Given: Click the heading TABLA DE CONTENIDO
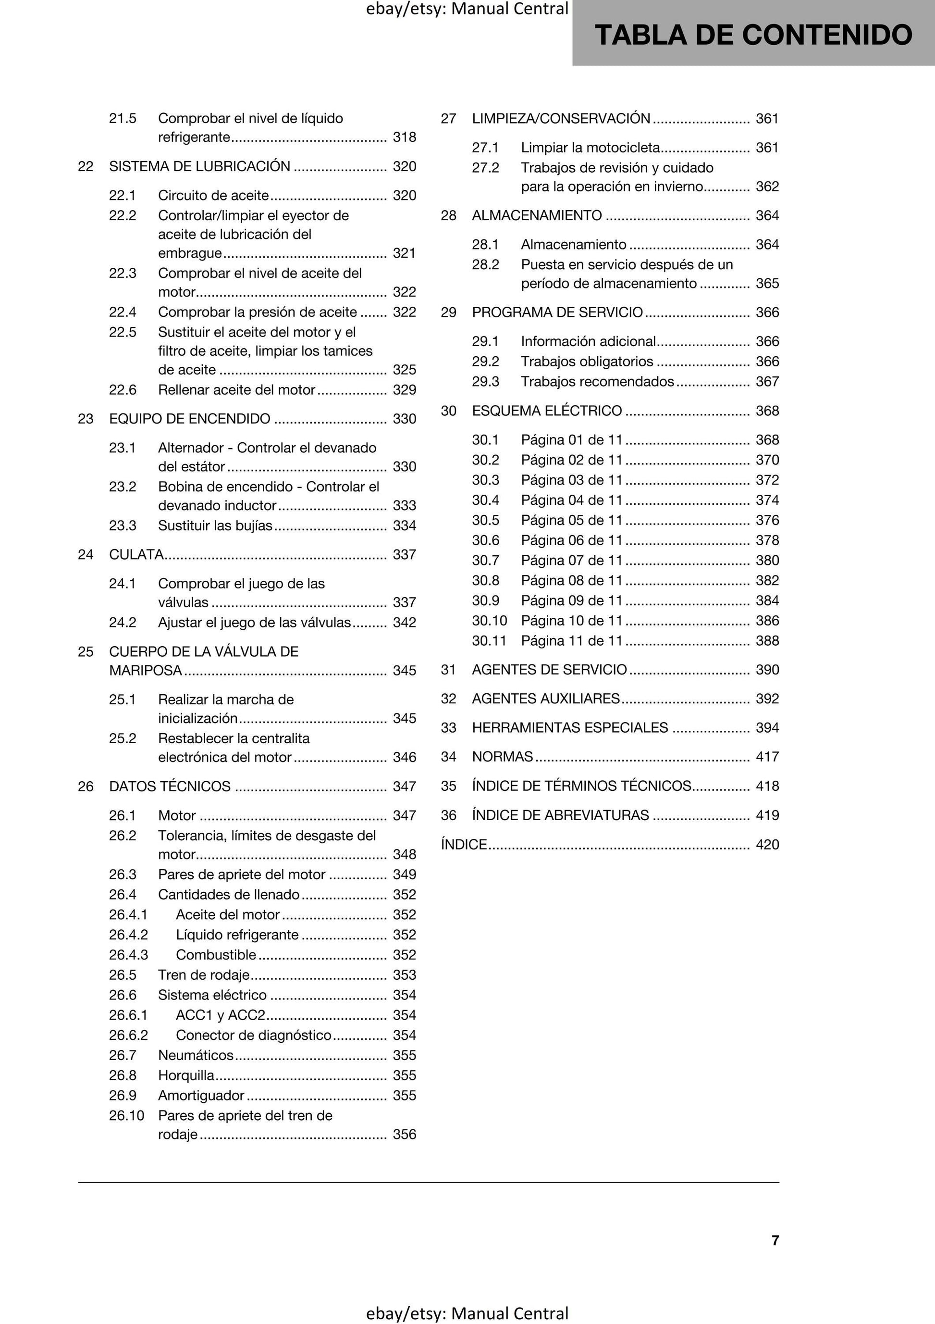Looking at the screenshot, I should point(753,35).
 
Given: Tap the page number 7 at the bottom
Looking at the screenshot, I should point(775,1240).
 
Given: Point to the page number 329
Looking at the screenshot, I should point(404,390).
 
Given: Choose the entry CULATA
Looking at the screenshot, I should point(136,554).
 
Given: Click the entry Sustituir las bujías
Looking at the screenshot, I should point(215,525).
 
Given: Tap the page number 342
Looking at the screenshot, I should point(404,622).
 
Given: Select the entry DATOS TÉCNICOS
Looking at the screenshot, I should point(170,786).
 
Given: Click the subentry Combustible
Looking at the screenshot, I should point(216,954).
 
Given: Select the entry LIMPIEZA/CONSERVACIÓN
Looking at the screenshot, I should point(561,118).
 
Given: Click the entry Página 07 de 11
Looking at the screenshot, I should point(572,560).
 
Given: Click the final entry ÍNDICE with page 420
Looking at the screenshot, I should point(464,844).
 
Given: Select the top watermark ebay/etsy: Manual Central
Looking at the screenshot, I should point(467,9).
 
